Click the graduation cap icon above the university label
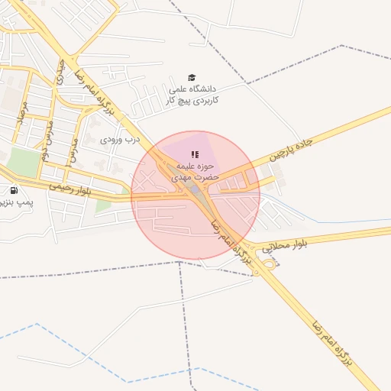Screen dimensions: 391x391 click(x=192, y=77)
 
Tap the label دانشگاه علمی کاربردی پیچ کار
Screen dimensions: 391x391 click(x=192, y=95)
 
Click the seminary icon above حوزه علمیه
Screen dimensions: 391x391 click(x=194, y=154)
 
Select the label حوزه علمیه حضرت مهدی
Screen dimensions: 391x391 click(x=197, y=170)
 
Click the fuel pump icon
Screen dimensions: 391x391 click(x=14, y=189)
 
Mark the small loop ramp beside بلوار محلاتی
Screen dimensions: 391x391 click(x=270, y=264)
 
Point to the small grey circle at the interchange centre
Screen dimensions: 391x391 click(x=196, y=189)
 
